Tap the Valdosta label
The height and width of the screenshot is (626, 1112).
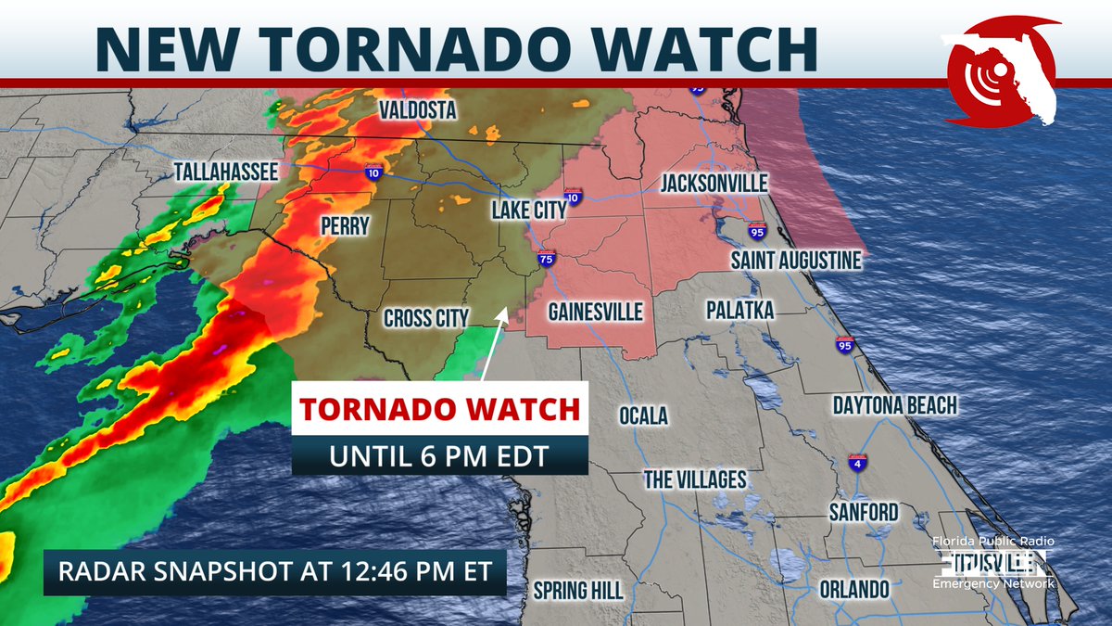[418, 111]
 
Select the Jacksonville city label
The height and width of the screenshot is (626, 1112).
[714, 184]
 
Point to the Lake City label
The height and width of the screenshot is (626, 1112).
[528, 211]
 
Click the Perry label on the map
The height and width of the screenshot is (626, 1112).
[345, 225]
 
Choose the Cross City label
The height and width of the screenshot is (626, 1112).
[426, 318]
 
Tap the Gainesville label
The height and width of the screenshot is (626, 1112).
[595, 312]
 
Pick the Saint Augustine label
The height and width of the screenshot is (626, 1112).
[796, 262]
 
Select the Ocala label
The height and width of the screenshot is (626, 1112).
[643, 415]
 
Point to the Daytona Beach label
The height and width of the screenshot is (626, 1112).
[894, 405]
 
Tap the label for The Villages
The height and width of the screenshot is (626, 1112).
[695, 479]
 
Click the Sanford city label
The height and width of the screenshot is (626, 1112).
[864, 512]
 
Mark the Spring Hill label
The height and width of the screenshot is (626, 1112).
[577, 591]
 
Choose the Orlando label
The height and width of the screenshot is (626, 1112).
[854, 589]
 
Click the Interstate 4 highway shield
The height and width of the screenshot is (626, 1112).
[856, 463]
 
